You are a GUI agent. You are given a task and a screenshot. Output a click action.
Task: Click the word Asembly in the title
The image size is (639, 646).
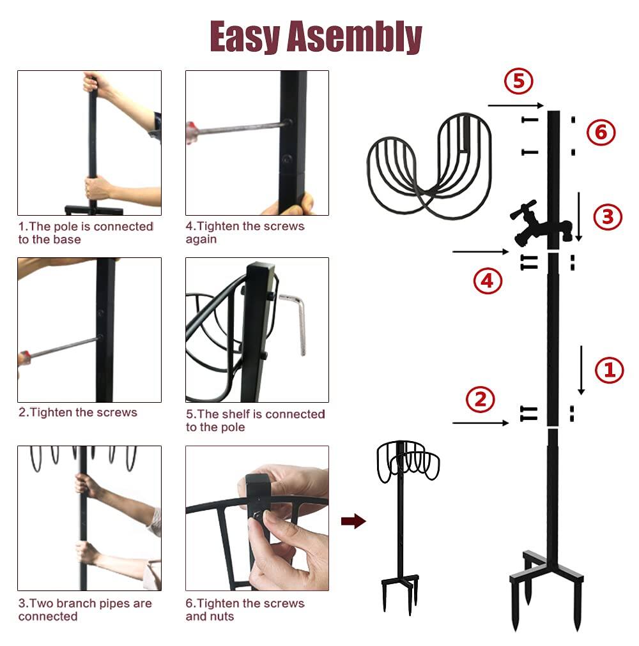[x=354, y=37]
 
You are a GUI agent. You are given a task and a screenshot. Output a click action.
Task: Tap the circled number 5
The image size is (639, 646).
[x=518, y=82]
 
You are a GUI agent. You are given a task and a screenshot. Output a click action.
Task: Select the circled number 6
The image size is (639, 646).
[x=600, y=133]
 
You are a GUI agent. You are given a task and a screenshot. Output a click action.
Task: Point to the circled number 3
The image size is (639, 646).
[x=606, y=217]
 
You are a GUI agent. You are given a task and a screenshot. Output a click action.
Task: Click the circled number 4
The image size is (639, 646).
[x=488, y=281]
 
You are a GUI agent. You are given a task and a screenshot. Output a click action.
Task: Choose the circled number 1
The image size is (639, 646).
[x=608, y=370]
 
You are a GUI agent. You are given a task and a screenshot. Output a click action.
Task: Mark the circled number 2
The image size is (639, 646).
[x=480, y=400]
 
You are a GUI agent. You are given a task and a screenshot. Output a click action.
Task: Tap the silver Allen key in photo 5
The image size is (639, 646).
[x=297, y=322]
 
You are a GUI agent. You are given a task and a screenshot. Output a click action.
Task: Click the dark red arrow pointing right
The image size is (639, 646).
[x=353, y=522]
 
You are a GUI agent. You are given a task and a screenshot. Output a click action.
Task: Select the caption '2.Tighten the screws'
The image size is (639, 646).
[x=78, y=412]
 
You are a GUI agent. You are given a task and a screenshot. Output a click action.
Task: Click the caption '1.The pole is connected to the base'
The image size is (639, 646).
[x=86, y=233]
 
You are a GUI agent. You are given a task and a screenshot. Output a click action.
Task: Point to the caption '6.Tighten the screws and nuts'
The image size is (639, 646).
[x=245, y=610]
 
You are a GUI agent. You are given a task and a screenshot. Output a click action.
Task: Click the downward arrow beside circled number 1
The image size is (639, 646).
[x=581, y=370]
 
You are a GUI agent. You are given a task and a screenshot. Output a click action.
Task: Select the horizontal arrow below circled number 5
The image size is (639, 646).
[x=515, y=105]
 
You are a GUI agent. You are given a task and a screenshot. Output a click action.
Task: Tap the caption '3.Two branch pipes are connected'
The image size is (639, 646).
[x=85, y=610]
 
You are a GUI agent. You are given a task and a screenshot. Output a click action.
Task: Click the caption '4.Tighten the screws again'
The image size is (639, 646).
[x=245, y=233]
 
